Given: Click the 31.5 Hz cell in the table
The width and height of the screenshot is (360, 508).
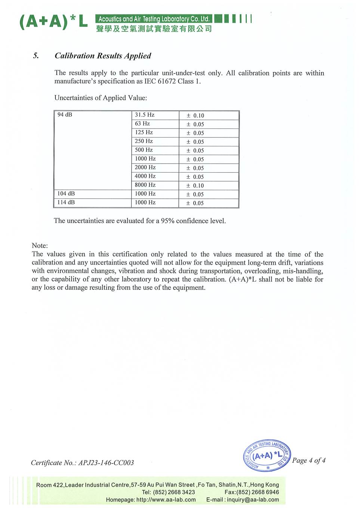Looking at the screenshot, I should click(x=145, y=115).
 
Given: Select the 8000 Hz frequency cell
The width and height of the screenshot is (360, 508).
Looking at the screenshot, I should click(x=145, y=185).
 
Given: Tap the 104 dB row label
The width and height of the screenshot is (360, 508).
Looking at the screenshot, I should click(x=66, y=194).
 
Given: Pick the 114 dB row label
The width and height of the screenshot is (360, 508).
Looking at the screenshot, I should click(x=66, y=202).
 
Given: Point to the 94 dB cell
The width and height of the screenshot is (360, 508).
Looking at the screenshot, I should click(x=65, y=115).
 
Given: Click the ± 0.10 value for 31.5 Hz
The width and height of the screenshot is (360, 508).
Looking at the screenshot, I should click(x=196, y=116).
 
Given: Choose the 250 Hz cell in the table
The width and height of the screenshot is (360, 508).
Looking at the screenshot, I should click(x=144, y=141).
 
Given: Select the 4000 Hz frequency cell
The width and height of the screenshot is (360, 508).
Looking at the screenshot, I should click(x=145, y=176).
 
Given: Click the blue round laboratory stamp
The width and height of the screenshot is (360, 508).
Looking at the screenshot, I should click(x=267, y=455).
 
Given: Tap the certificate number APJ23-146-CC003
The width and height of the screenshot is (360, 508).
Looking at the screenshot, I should click(x=106, y=463).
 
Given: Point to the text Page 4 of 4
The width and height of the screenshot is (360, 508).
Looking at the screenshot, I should click(x=309, y=461).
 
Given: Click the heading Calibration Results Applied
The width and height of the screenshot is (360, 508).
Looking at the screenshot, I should click(x=103, y=56).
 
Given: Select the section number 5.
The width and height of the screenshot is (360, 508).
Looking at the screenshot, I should click(x=36, y=56).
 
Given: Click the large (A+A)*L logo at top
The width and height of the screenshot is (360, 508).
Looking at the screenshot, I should click(x=53, y=22).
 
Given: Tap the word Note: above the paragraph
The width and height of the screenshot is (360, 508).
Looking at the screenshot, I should click(x=40, y=246).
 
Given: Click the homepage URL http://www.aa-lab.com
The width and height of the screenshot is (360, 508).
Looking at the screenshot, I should click(x=166, y=500).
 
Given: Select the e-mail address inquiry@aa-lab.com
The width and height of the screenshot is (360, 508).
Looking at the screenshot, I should click(x=253, y=500).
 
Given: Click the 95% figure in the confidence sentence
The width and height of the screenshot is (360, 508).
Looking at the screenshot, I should click(x=167, y=221).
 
